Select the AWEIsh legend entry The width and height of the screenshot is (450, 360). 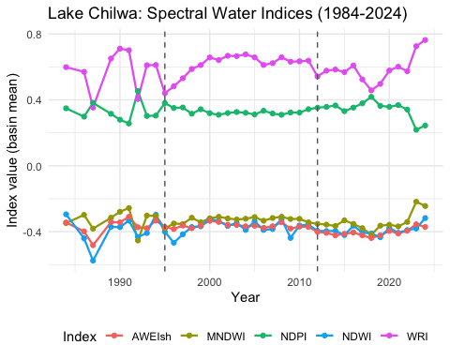point(139,337)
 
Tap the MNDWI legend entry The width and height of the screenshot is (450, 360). point(213,337)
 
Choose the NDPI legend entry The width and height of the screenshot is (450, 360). point(280,337)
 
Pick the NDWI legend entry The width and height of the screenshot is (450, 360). point(344,337)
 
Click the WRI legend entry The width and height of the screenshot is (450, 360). point(404,337)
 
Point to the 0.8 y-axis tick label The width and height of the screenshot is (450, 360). point(34,34)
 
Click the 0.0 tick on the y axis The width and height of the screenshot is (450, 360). point(34,166)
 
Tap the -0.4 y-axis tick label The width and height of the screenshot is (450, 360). point(32,232)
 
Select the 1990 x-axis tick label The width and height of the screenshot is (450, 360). point(120,282)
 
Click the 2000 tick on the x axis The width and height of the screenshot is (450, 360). point(210,282)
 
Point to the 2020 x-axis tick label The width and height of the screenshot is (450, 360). point(389,282)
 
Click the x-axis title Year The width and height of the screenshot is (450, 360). point(246,297)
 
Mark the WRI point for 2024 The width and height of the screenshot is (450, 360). point(425,40)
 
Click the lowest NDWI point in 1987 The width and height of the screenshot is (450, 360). point(93,261)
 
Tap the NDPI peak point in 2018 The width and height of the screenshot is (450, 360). point(371,97)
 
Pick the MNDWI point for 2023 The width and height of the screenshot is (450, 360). point(416,202)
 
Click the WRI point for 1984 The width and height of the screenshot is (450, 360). point(66,67)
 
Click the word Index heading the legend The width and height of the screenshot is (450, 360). point(80,337)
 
